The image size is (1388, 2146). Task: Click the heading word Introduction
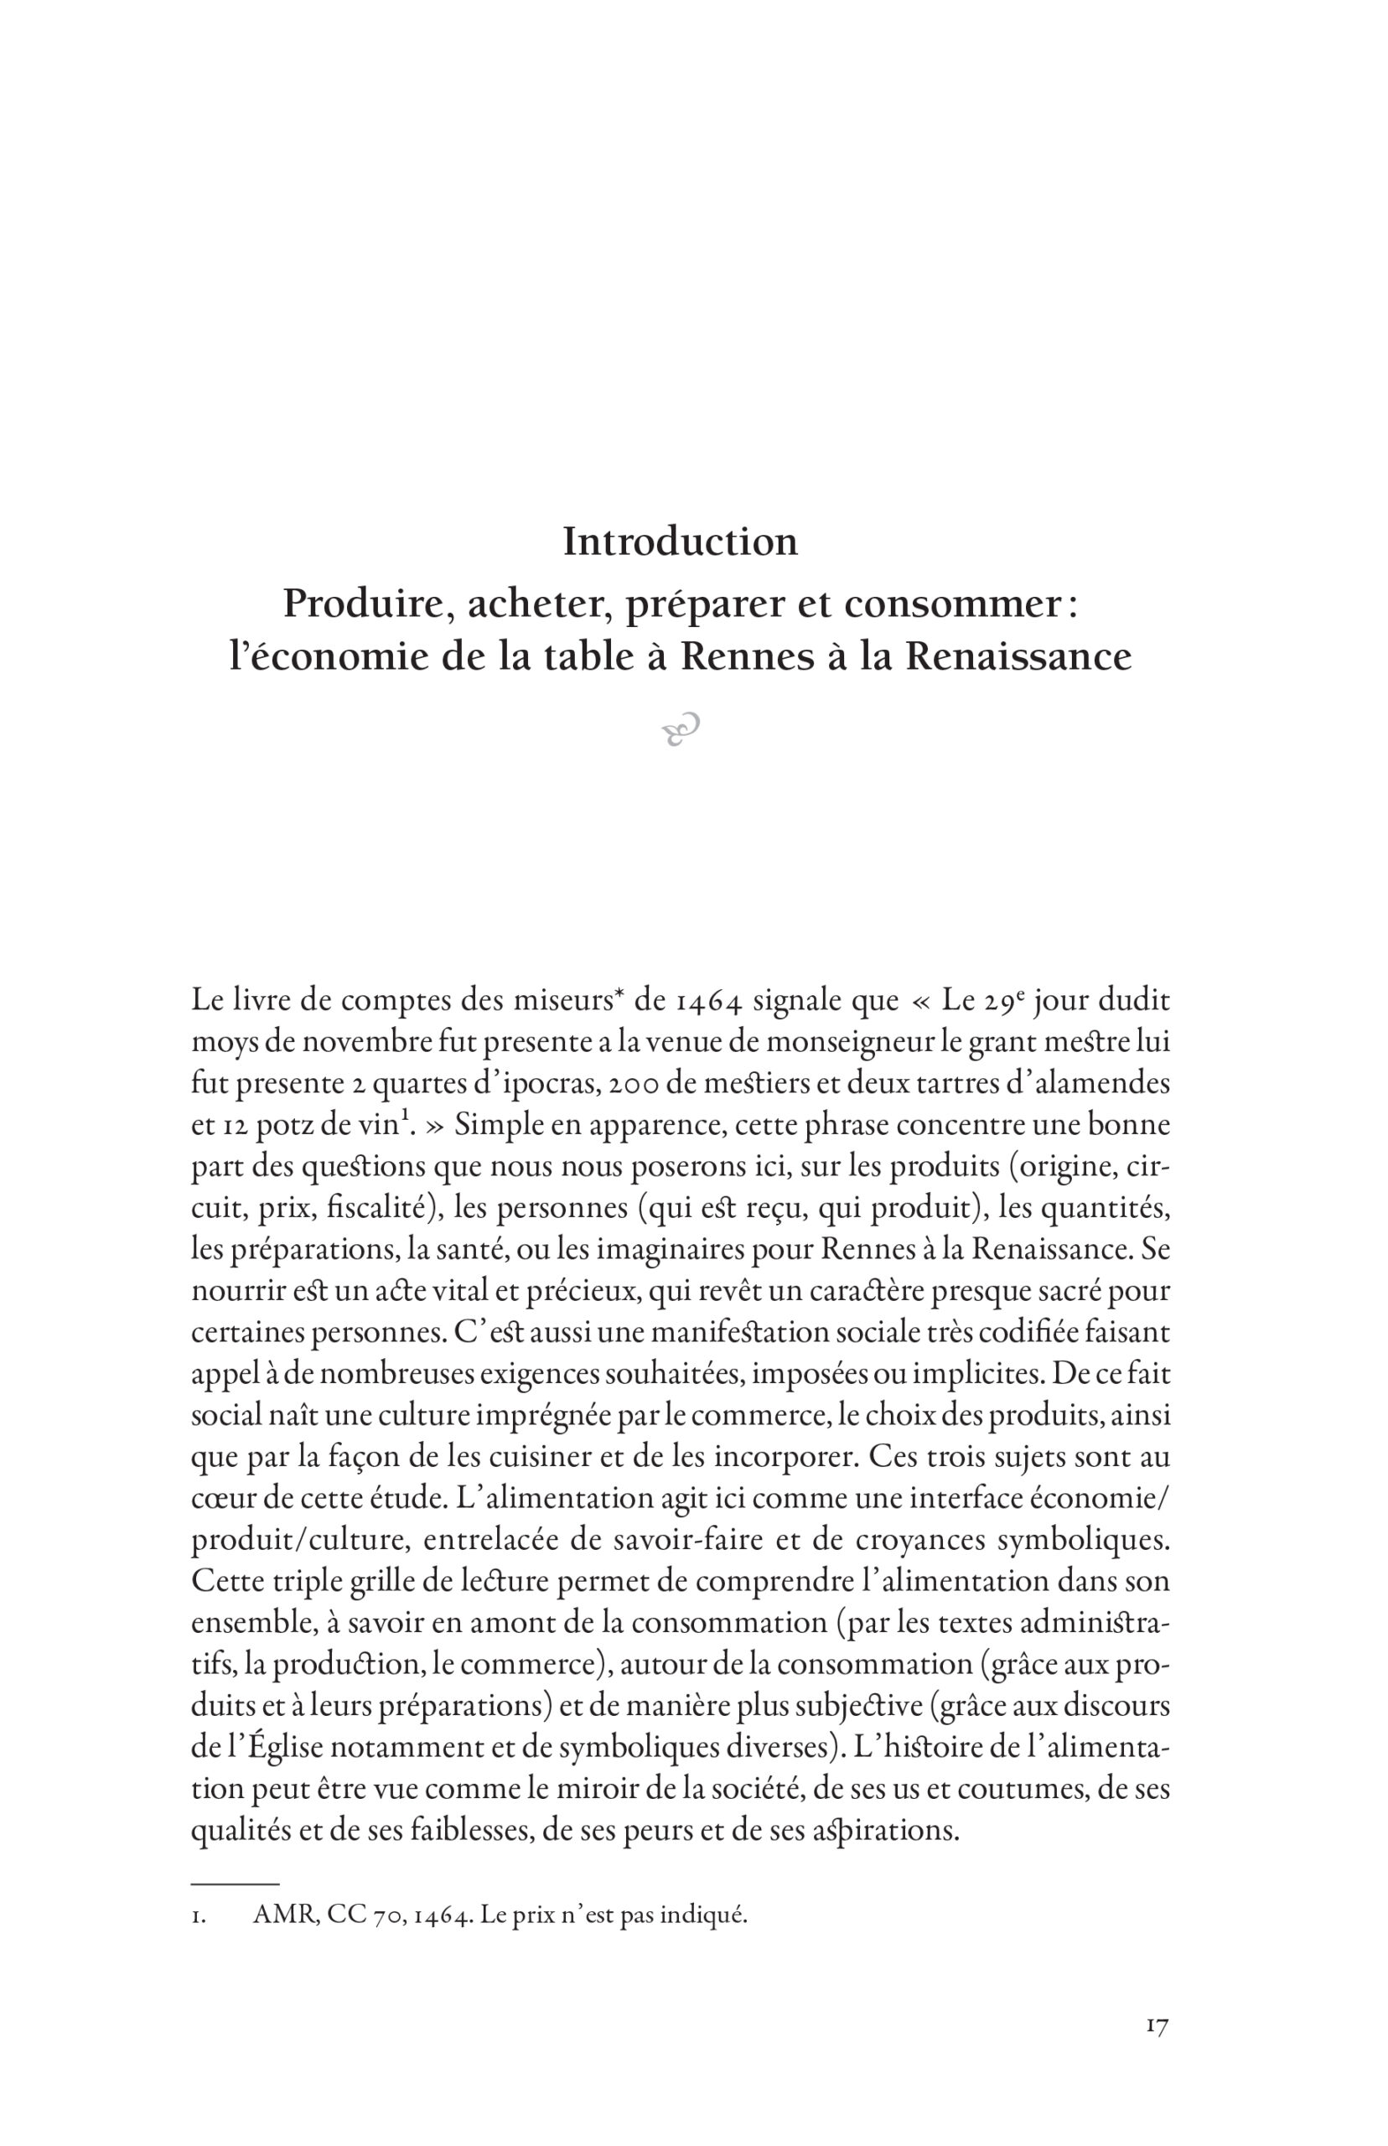681,542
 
